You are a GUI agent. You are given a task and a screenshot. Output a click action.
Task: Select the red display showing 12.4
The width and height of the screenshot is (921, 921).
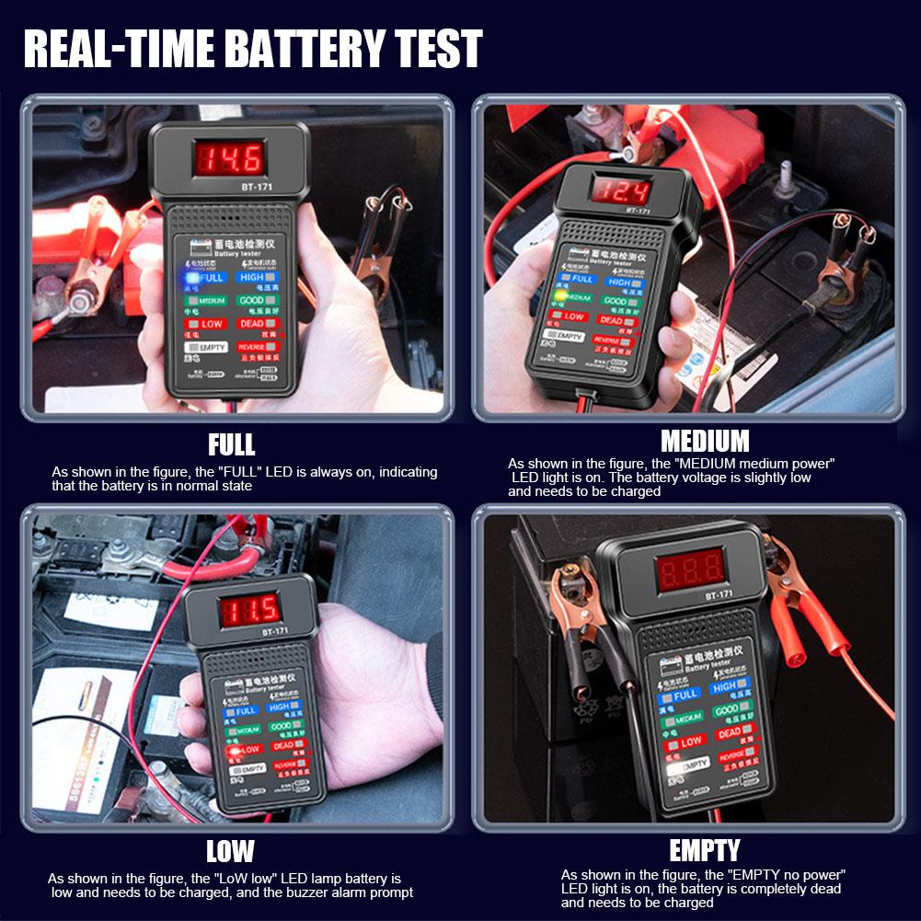(621, 190)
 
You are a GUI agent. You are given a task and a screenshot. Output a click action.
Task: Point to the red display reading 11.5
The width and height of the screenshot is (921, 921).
(249, 608)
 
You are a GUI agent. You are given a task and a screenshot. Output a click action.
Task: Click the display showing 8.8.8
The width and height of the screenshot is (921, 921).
(691, 570)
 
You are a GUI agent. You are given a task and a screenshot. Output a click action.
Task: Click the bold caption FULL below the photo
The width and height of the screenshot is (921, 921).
(231, 445)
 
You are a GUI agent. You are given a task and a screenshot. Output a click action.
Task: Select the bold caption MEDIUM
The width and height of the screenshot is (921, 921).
(705, 441)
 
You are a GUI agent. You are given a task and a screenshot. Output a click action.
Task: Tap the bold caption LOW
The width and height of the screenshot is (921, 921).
(230, 851)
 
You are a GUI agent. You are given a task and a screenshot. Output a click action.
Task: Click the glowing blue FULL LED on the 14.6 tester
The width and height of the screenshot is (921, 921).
(190, 276)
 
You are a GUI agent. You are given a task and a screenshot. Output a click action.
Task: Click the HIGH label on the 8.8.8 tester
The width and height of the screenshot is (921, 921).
(724, 686)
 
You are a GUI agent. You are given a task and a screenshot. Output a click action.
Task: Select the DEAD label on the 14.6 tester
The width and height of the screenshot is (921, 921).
(251, 323)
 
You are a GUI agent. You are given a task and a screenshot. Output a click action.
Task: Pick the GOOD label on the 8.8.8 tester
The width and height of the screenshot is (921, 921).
(726, 710)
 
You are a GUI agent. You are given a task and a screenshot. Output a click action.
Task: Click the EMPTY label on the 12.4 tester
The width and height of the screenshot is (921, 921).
(567, 336)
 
